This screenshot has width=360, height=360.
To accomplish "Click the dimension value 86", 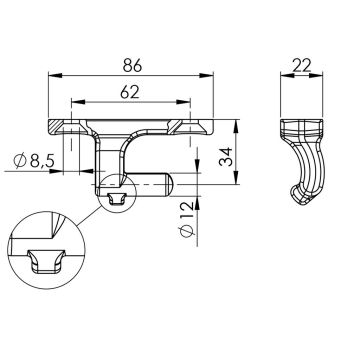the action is pyautogui.click(x=132, y=65).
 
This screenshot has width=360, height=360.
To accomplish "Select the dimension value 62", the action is pyautogui.click(x=130, y=92).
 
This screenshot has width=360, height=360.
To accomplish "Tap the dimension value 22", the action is pyautogui.click(x=301, y=65).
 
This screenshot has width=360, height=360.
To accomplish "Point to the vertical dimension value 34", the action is pyautogui.click(x=226, y=157).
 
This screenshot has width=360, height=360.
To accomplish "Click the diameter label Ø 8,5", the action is pyautogui.click(x=33, y=161).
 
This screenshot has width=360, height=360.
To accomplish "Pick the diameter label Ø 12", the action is pyautogui.click(x=187, y=220).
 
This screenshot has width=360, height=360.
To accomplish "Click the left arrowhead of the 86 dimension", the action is pyautogui.click(x=55, y=76).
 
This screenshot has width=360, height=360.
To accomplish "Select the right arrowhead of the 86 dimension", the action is pyautogui.click(x=206, y=76).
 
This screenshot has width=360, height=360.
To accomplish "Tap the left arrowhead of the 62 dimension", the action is pyautogui.click(x=78, y=102).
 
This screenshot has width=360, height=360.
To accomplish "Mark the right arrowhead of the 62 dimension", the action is pyautogui.click(x=183, y=102).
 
